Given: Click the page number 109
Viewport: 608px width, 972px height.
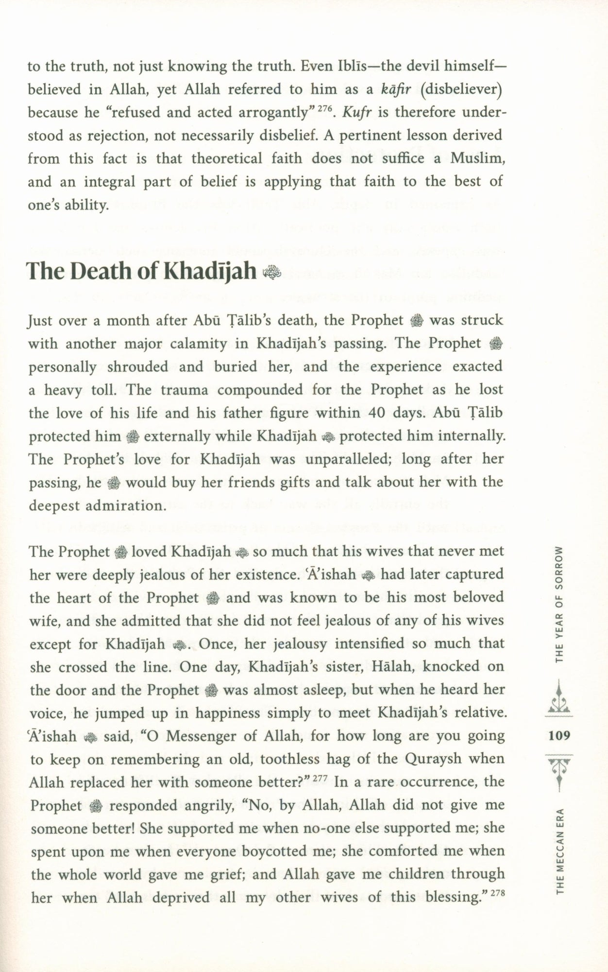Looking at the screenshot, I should pyautogui.click(x=559, y=735).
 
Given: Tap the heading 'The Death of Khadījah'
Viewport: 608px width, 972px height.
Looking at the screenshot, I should pyautogui.click(x=141, y=271).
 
